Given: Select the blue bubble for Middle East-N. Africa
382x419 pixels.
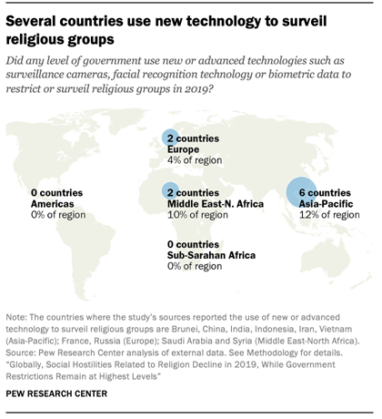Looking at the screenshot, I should tap(170, 192).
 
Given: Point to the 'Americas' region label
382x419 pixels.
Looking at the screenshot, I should tap(52, 205).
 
